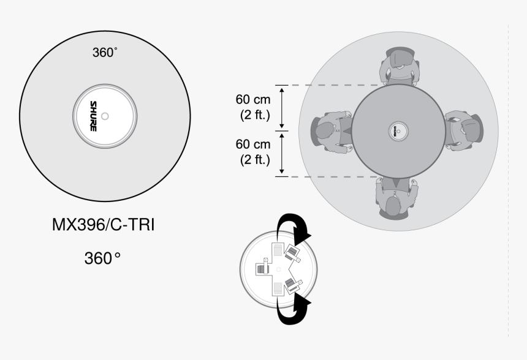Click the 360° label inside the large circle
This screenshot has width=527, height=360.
104,53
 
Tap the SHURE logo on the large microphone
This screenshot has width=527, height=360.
93,116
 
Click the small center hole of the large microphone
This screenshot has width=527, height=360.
105,116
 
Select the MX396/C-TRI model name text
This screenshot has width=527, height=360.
103,225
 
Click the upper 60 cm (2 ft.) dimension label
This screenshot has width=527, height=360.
252,107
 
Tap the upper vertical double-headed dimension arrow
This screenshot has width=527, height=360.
282,107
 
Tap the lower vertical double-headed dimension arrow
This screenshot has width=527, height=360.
282,154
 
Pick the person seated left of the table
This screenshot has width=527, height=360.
331,130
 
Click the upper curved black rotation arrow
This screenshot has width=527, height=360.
292,228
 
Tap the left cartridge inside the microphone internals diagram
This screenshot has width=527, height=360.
263,268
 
